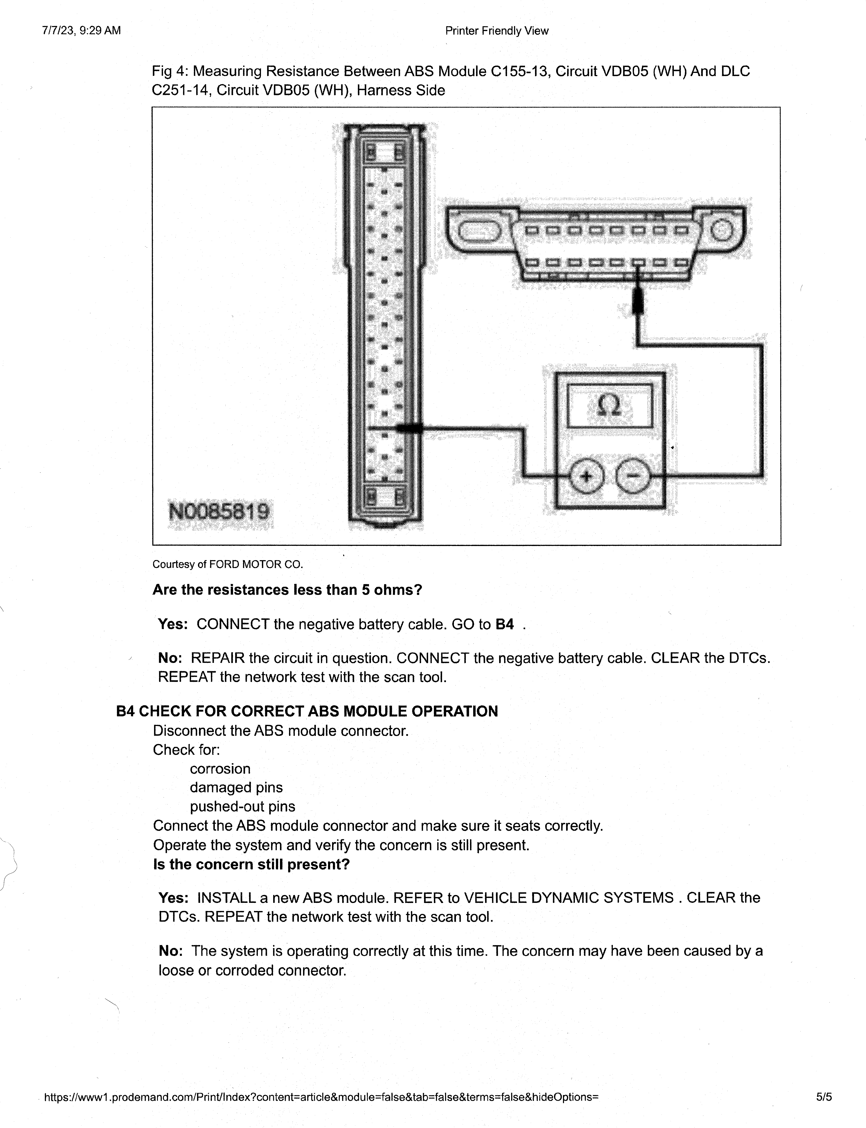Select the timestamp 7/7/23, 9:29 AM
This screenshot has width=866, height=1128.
pyautogui.click(x=81, y=30)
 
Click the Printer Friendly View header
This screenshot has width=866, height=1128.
pyautogui.click(x=496, y=31)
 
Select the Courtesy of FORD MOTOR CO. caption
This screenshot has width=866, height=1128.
pyautogui.click(x=227, y=565)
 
